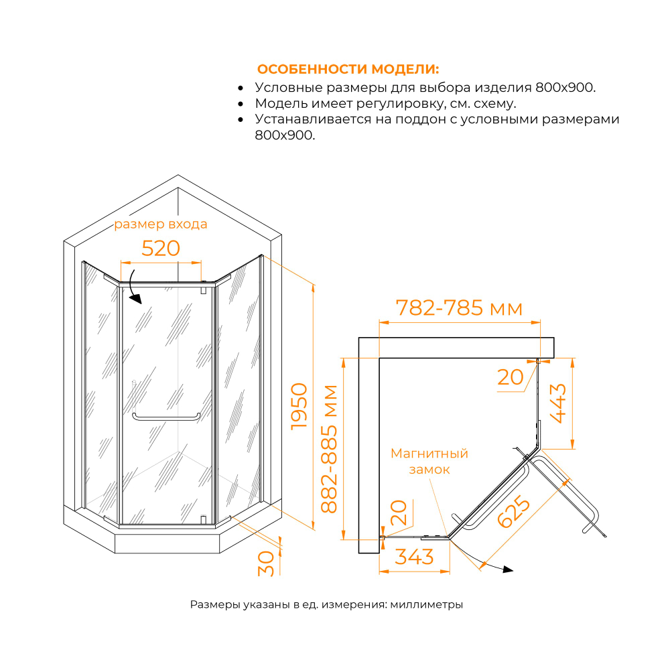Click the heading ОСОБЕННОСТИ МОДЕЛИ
click(x=348, y=70)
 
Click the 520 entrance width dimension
click(x=161, y=249)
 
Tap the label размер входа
click(x=161, y=224)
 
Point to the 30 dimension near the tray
click(x=266, y=561)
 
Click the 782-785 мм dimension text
click(x=459, y=308)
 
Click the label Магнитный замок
click(x=429, y=462)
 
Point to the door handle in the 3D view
click(x=166, y=417)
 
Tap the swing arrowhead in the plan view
click(x=507, y=569)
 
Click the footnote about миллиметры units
click(x=326, y=604)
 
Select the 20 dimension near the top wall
click(x=511, y=377)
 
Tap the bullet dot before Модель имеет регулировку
click(x=241, y=105)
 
